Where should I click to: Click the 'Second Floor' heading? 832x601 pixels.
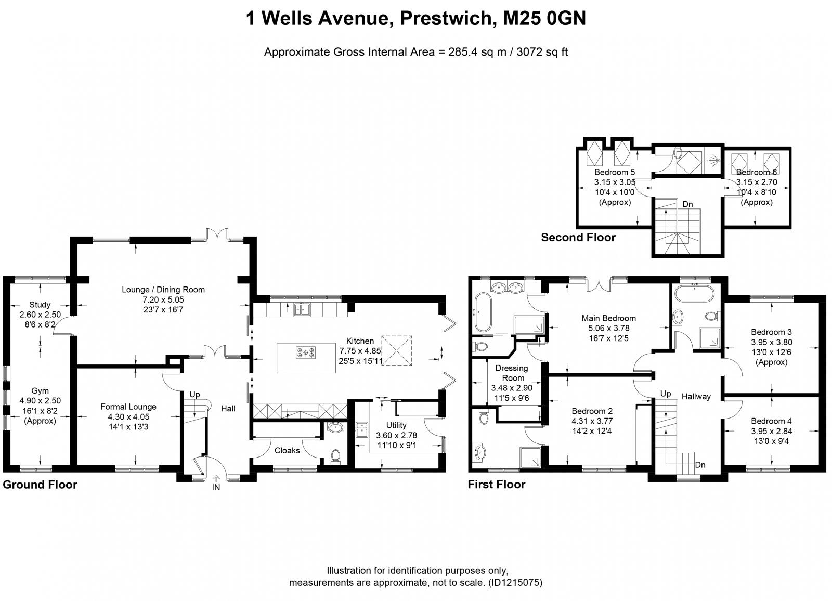(578, 238)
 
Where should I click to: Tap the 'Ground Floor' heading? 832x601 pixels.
(40, 485)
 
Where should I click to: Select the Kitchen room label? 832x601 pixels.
(360, 341)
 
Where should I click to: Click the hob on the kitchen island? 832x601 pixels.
(306, 353)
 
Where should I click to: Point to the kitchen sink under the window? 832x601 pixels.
(302, 310)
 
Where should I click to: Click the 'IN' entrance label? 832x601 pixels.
(216, 488)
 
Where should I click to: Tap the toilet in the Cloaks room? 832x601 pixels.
(335, 455)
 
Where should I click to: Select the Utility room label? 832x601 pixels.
(396, 425)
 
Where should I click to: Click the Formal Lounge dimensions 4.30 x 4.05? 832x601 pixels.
(128, 417)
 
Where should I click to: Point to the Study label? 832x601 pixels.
(40, 305)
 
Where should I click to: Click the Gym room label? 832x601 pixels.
(40, 390)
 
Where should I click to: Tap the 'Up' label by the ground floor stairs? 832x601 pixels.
(194, 395)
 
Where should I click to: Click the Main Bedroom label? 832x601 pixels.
(608, 318)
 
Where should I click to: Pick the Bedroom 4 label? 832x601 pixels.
(771, 421)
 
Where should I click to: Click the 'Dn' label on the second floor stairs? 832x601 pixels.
(687, 204)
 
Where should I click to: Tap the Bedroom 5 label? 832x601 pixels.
(615, 172)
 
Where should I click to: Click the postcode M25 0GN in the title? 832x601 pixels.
(544, 19)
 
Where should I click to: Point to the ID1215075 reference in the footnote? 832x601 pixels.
(514, 583)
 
